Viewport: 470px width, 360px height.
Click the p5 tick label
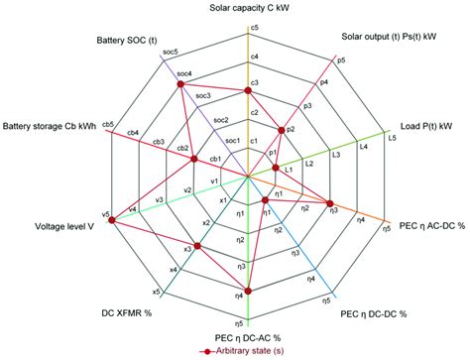(x=341, y=60)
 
